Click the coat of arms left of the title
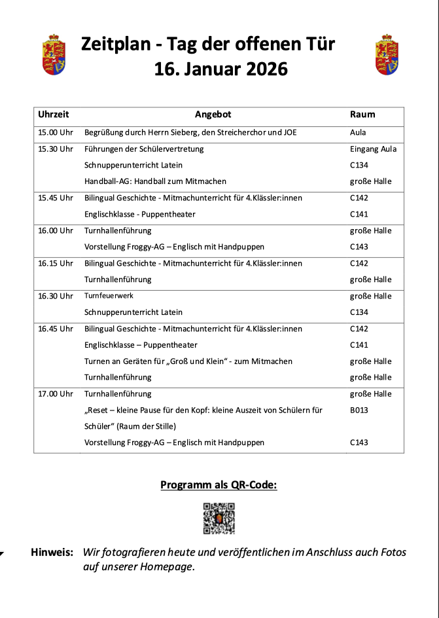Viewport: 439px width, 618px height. pyautogui.click(x=54, y=55)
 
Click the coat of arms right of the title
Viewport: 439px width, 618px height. pyautogui.click(x=387, y=55)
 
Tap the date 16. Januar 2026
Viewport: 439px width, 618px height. pyautogui.click(x=220, y=69)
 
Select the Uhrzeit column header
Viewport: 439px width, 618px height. pyautogui.click(x=54, y=115)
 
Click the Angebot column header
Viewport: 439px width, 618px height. pyautogui.click(x=213, y=115)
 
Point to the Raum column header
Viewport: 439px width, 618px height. pyautogui.click(x=362, y=115)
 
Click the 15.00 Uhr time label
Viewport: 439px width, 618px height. pyautogui.click(x=56, y=132)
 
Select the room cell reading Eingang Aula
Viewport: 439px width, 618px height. pyautogui.click(x=373, y=149)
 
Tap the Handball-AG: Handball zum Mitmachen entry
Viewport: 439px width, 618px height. pyautogui.click(x=155, y=181)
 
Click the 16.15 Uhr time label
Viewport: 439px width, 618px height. pyautogui.click(x=56, y=263)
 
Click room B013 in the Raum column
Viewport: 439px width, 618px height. pyautogui.click(x=359, y=410)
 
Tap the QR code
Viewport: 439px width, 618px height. pyautogui.click(x=219, y=518)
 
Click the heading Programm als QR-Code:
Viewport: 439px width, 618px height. pyautogui.click(x=219, y=485)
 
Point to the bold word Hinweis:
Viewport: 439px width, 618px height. pyautogui.click(x=52, y=553)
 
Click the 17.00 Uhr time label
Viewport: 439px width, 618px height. pyautogui.click(x=56, y=394)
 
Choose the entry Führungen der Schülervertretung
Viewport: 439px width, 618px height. pyautogui.click(x=144, y=149)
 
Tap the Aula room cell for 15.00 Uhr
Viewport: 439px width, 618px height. pyautogui.click(x=358, y=132)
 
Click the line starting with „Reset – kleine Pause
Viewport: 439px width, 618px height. pyautogui.click(x=203, y=410)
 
